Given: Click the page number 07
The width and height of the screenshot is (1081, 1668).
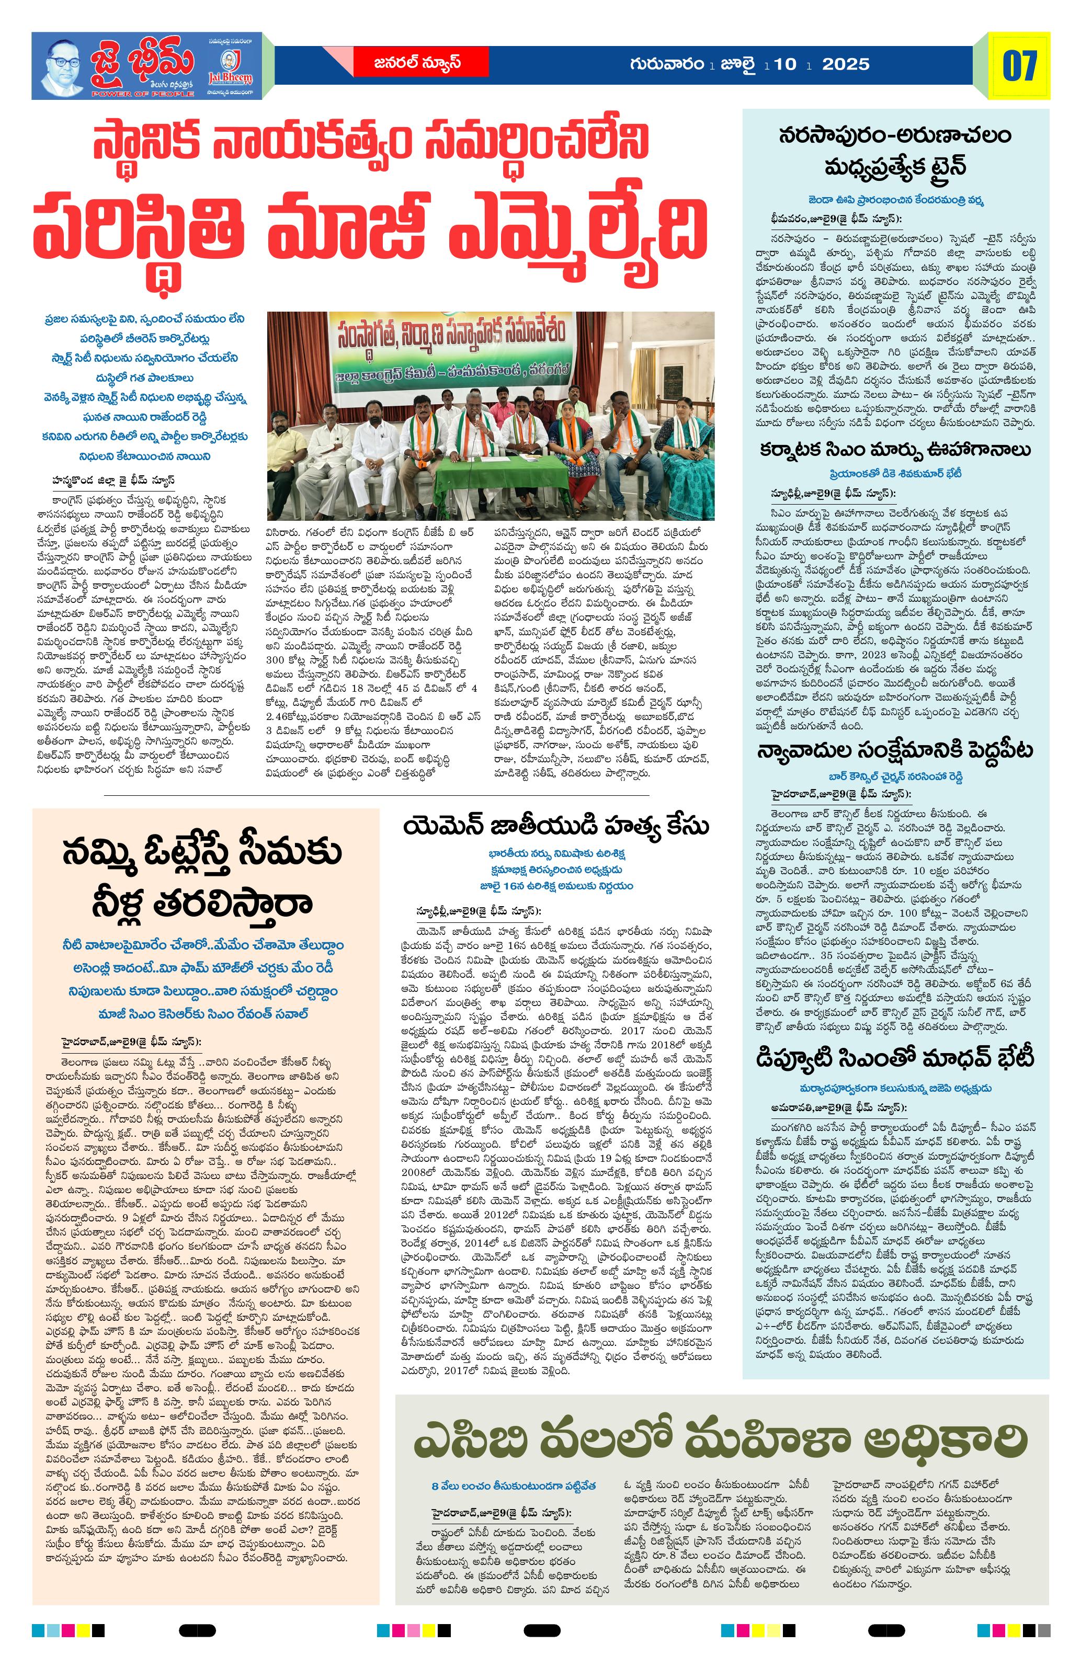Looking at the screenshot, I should click(x=1019, y=65).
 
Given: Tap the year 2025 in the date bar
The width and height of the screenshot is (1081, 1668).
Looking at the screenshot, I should click(x=846, y=64).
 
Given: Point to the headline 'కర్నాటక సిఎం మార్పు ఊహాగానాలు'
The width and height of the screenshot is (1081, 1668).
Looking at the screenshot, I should click(x=895, y=449).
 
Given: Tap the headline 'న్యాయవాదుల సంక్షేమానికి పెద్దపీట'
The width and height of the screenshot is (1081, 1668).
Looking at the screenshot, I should click(x=895, y=750).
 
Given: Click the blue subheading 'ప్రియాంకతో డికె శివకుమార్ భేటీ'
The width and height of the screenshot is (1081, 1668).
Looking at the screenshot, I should click(x=895, y=474).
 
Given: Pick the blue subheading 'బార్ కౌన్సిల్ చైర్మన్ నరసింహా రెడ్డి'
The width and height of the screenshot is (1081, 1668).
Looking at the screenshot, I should click(x=895, y=776).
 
